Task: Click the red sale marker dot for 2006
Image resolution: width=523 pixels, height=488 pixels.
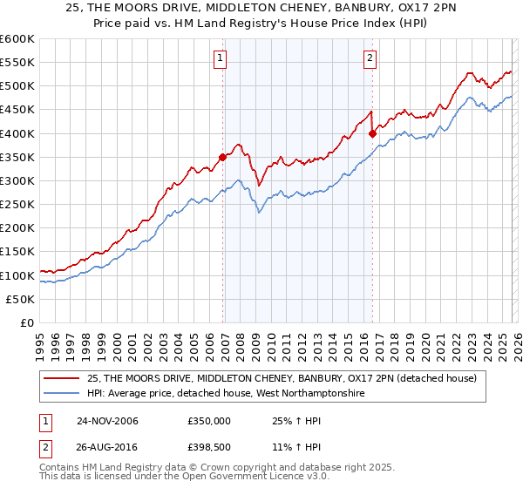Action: tap(223, 157)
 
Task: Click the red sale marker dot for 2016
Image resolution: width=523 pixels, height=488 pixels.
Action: tap(373, 133)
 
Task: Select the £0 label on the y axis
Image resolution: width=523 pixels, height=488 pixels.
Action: tap(26, 322)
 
